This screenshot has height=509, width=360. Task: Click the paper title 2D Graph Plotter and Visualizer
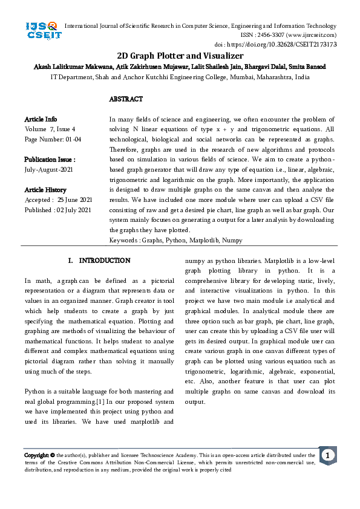click(180, 55)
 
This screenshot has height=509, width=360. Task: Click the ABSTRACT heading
click(126, 99)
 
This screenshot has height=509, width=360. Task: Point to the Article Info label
click(41, 119)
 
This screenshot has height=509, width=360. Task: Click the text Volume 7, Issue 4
click(50, 129)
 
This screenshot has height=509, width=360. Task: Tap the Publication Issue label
click(50, 160)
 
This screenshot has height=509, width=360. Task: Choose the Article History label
click(45, 190)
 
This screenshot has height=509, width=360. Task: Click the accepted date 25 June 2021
click(75, 200)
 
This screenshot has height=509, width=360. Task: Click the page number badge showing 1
click(327, 455)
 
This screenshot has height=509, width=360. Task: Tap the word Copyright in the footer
click(36, 455)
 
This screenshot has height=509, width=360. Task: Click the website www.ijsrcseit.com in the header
click(307, 36)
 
